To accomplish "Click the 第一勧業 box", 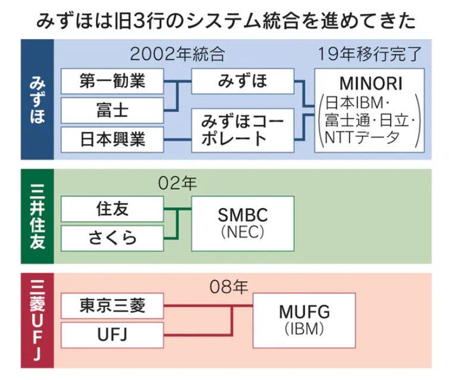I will tap(113, 81).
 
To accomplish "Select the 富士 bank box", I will tap(113, 109).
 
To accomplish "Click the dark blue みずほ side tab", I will tap(38, 99).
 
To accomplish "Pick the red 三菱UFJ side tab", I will tap(38, 321).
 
